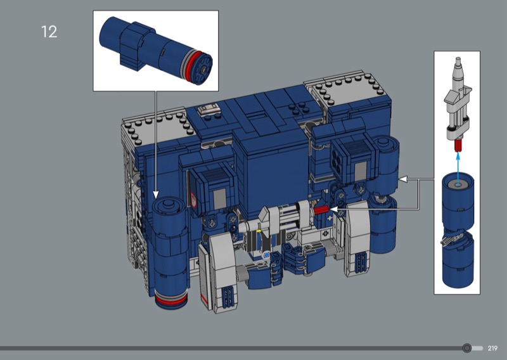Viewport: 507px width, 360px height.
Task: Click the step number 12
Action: coord(49,32)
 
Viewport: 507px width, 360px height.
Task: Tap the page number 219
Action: coord(492,348)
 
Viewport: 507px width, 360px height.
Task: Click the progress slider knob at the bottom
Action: coord(466,348)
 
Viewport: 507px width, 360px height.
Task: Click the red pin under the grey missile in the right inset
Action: coord(458,146)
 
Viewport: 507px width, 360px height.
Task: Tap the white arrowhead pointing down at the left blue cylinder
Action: coord(156,195)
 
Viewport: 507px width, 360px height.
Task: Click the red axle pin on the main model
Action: coord(321,210)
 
